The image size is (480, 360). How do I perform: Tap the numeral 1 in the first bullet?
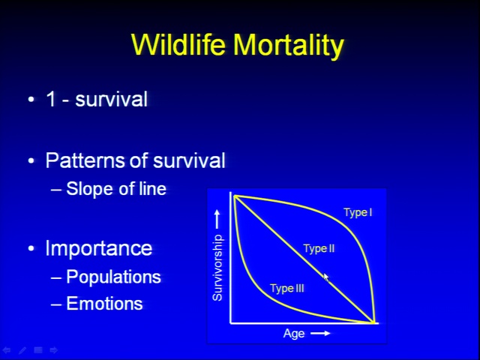(51, 99)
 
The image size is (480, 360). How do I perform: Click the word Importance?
(98, 248)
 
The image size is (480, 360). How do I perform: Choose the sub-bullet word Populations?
(113, 277)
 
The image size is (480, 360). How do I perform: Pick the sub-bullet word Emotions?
(104, 303)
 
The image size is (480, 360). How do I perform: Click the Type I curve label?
(358, 212)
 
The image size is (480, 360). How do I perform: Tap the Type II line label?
(319, 248)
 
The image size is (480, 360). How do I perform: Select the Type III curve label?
(286, 289)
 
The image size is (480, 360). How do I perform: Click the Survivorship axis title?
(217, 268)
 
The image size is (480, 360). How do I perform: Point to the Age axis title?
(294, 333)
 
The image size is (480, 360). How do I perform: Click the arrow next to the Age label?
(320, 333)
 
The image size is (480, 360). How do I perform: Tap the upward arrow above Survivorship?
(217, 219)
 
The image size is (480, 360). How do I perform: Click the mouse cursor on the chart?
(326, 277)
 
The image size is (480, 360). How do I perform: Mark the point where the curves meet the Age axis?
(373, 322)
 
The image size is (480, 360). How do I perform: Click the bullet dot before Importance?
(31, 248)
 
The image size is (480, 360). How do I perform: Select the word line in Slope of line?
(152, 188)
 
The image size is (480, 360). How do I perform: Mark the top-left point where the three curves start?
(235, 196)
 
